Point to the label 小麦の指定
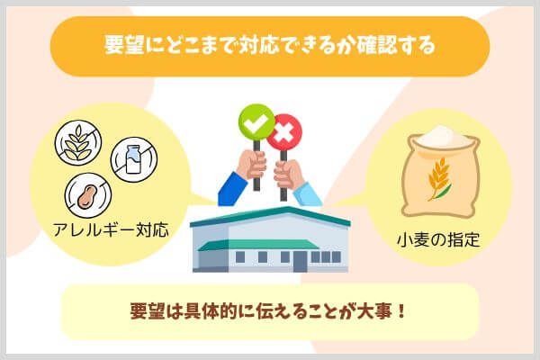(437, 240)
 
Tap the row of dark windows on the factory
(324, 257)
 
